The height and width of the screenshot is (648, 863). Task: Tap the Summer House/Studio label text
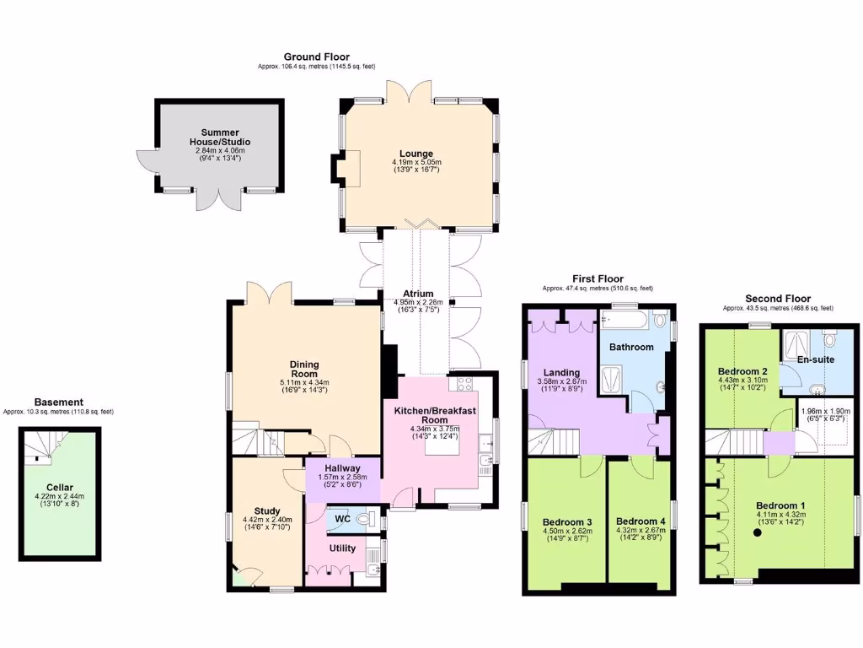(219, 138)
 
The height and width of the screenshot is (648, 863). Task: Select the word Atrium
(417, 294)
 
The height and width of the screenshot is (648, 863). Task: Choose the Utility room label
(342, 548)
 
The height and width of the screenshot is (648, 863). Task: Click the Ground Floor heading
(316, 57)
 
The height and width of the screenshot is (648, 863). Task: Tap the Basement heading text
(58, 402)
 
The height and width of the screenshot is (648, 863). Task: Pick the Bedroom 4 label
(641, 521)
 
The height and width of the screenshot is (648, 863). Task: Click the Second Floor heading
(778, 299)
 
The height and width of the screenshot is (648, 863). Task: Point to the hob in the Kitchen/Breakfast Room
(464, 384)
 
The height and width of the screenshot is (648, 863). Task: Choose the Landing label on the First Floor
(560, 372)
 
